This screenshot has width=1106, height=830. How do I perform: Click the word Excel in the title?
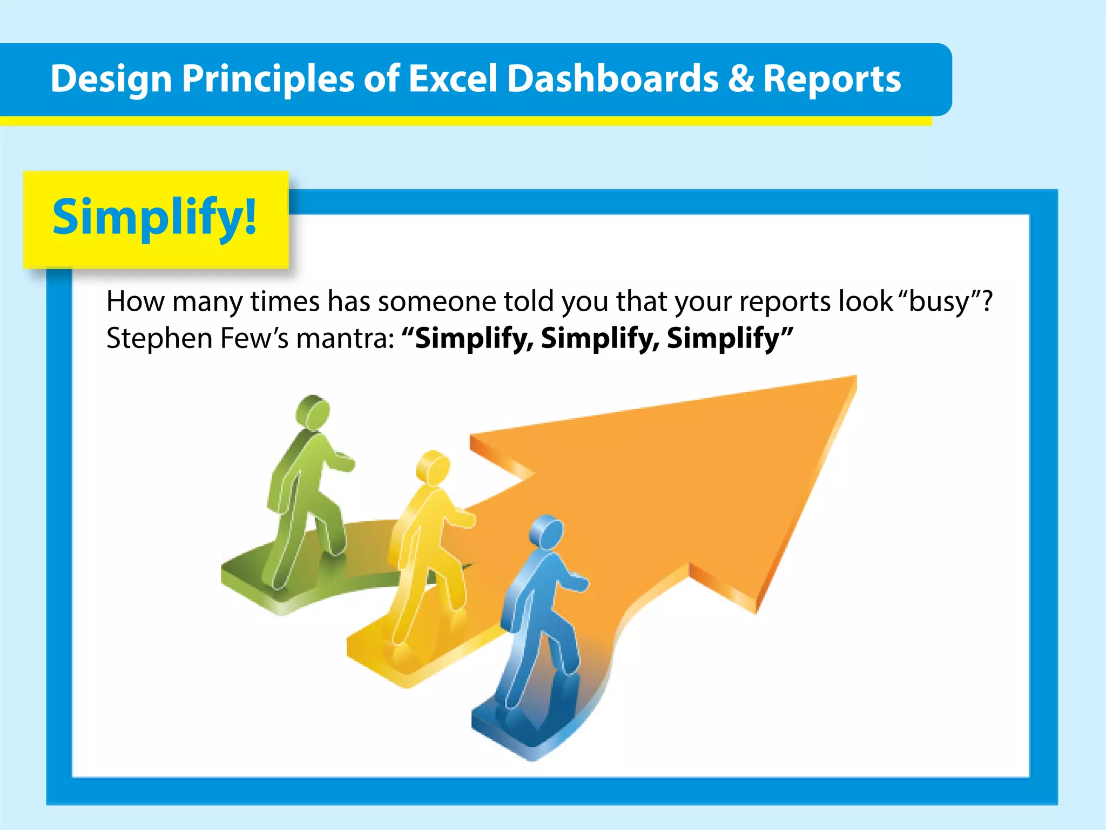[x=451, y=79]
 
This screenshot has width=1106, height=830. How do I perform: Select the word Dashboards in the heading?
[x=612, y=79]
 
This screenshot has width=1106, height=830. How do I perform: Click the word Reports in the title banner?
[x=832, y=79]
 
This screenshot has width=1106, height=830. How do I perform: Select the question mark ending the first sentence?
[x=987, y=301]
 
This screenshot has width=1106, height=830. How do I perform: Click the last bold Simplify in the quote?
[x=723, y=339]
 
